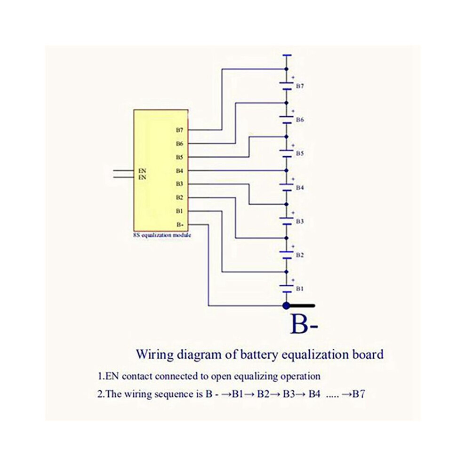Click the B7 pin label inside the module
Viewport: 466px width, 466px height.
pyautogui.click(x=179, y=130)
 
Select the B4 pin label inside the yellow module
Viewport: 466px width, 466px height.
pyautogui.click(x=179, y=170)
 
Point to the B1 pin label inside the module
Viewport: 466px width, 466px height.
pyautogui.click(x=179, y=211)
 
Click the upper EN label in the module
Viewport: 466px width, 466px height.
pyautogui.click(x=142, y=171)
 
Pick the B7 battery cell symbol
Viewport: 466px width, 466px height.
pyautogui.click(x=287, y=86)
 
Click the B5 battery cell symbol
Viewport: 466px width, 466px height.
pyautogui.click(x=287, y=153)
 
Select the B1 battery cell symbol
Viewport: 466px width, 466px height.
pyautogui.click(x=287, y=288)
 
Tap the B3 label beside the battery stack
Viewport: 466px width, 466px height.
pyautogui.click(x=300, y=221)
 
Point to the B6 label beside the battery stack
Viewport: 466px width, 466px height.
pyautogui.click(x=300, y=120)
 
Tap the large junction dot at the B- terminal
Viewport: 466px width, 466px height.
pyautogui.click(x=286, y=305)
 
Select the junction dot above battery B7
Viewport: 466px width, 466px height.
pyautogui.click(x=287, y=69)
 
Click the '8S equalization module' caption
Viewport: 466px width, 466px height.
pyautogui.click(x=162, y=235)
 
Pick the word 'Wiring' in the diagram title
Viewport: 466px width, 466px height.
pyautogui.click(x=155, y=354)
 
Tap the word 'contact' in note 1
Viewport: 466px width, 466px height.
pyautogui.click(x=137, y=376)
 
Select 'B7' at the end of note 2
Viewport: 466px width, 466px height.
pyautogui.click(x=359, y=394)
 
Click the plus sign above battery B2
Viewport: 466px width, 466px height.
pyautogui.click(x=293, y=246)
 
